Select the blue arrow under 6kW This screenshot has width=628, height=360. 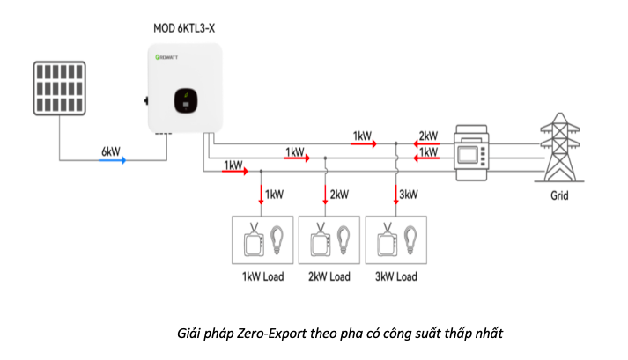(112, 160)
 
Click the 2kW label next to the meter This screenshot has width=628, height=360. (429, 136)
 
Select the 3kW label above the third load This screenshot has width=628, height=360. (409, 194)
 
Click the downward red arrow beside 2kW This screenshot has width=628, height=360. (327, 194)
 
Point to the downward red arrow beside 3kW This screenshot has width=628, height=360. (396, 194)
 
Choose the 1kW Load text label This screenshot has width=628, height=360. (263, 277)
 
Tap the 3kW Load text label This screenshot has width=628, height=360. (395, 277)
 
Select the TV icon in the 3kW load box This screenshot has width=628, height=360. (385, 240)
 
